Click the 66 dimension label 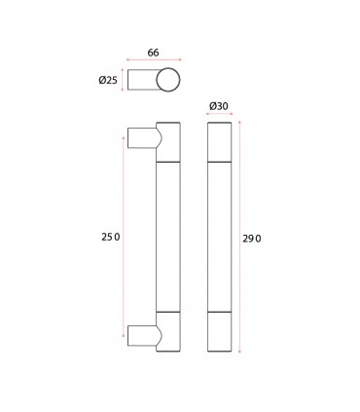click(153, 53)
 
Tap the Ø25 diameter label click(108, 80)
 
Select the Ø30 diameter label click(219, 106)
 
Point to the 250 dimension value click(111, 238)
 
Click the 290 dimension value click(252, 239)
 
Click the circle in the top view click(168, 80)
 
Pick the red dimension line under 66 click(154, 59)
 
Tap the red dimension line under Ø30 click(220, 114)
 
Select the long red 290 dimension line click(239, 237)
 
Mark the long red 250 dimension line click(124, 237)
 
